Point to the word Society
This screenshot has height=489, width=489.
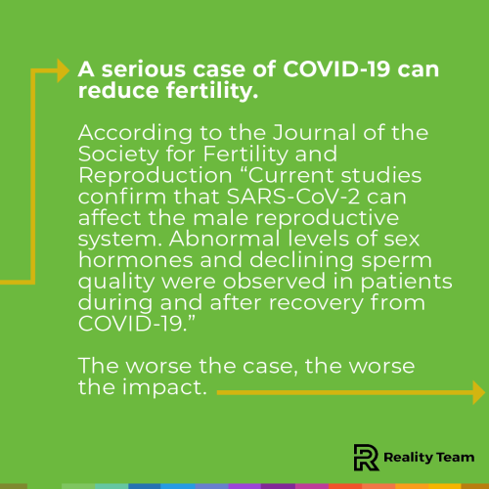tap(111, 155)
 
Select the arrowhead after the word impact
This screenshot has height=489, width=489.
tap(477, 392)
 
